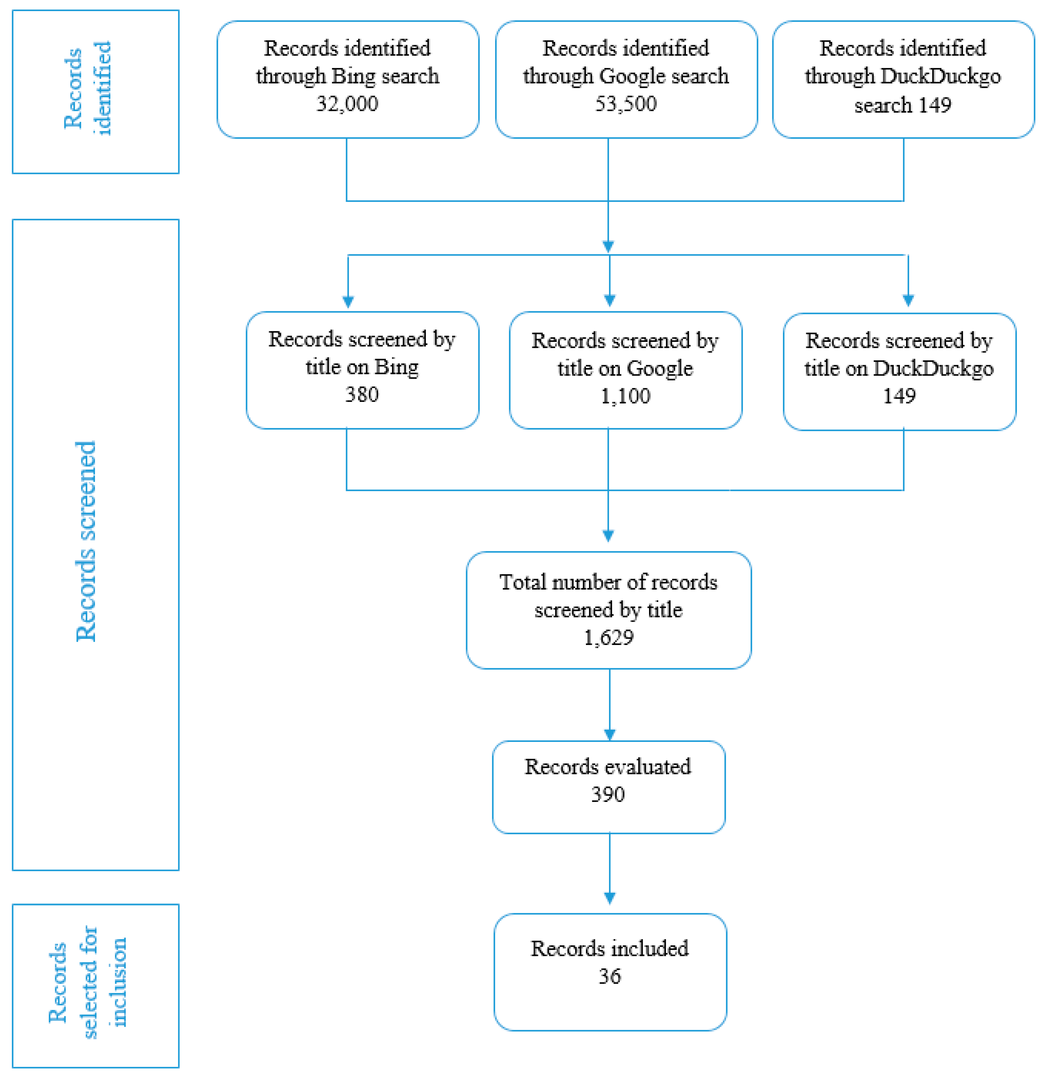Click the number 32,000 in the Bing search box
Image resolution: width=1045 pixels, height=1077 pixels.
point(347,104)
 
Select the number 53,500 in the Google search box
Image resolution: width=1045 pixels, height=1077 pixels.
point(626,104)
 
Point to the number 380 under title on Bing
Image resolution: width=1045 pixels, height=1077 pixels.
point(362,394)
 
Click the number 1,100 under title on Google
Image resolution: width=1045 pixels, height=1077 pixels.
point(625,396)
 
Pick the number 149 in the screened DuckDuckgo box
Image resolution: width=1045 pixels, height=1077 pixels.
point(899,396)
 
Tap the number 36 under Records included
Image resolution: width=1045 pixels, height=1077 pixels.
point(610,976)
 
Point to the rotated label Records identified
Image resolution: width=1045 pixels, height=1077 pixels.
point(88,88)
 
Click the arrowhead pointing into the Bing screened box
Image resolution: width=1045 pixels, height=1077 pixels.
point(348,302)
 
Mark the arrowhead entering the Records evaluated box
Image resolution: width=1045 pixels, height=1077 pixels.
point(610,735)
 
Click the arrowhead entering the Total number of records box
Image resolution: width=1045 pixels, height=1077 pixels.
point(608,536)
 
